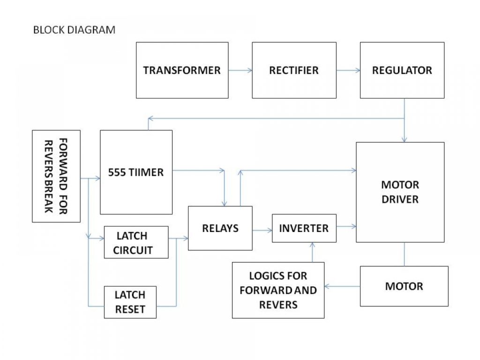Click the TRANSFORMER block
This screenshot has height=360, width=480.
[x=182, y=70]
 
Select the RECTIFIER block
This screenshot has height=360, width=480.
[x=294, y=70]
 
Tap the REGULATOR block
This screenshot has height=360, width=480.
[x=402, y=70]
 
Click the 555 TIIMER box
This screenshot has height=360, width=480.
[x=136, y=172]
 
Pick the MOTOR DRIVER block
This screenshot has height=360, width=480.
[x=400, y=192]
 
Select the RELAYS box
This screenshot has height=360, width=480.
[x=220, y=228]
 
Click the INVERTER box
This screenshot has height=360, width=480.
[x=304, y=228]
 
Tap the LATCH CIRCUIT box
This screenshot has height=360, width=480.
[x=136, y=242]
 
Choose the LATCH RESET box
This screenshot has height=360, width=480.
[x=130, y=302]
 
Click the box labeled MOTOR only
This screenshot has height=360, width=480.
[x=404, y=286]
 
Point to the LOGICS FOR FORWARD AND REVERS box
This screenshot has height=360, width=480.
[x=278, y=290]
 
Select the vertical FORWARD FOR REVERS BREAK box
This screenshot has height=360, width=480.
[x=56, y=176]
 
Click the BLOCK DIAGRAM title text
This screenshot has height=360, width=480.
[x=74, y=30]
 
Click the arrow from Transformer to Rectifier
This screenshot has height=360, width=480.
[x=240, y=71]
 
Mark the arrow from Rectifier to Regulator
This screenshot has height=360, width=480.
[x=348, y=71]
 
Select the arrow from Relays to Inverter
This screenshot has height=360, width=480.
[x=262, y=230]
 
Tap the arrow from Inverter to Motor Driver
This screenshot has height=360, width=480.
[x=346, y=227]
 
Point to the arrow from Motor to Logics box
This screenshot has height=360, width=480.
[x=342, y=286]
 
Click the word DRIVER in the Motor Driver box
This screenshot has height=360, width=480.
[x=400, y=199]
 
